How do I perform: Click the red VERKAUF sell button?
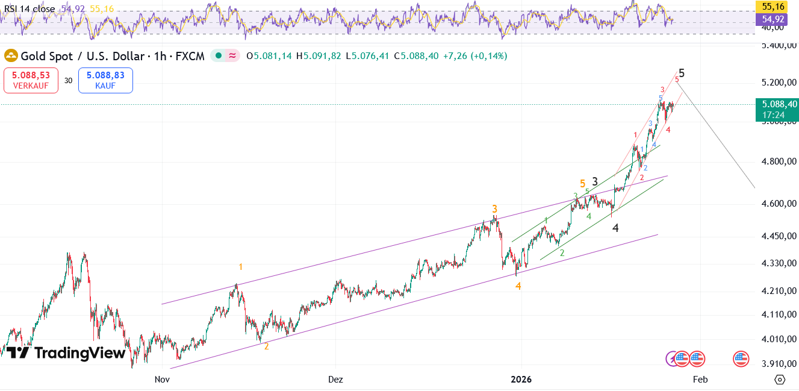(x=31, y=80)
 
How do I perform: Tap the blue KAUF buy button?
(x=105, y=80)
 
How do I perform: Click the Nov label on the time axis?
(x=161, y=380)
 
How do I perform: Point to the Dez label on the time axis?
(x=335, y=380)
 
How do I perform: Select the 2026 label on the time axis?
(x=521, y=380)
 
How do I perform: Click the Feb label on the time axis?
(x=700, y=380)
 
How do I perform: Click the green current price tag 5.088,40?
(x=776, y=108)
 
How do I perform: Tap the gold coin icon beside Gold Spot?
(x=11, y=56)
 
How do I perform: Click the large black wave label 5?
(x=682, y=73)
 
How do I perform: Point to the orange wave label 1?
(x=241, y=267)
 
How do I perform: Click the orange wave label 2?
(x=267, y=346)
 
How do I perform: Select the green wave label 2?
(x=562, y=253)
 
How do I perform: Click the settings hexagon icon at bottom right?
(x=780, y=380)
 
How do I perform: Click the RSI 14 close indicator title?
(x=30, y=9)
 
